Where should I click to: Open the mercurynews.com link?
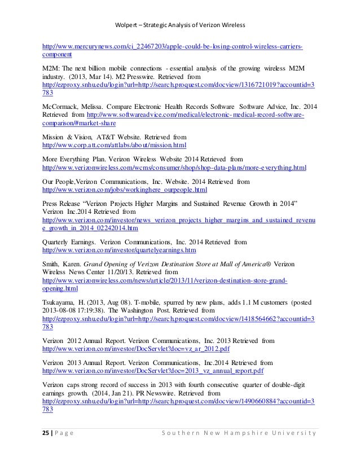tap(175, 45)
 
